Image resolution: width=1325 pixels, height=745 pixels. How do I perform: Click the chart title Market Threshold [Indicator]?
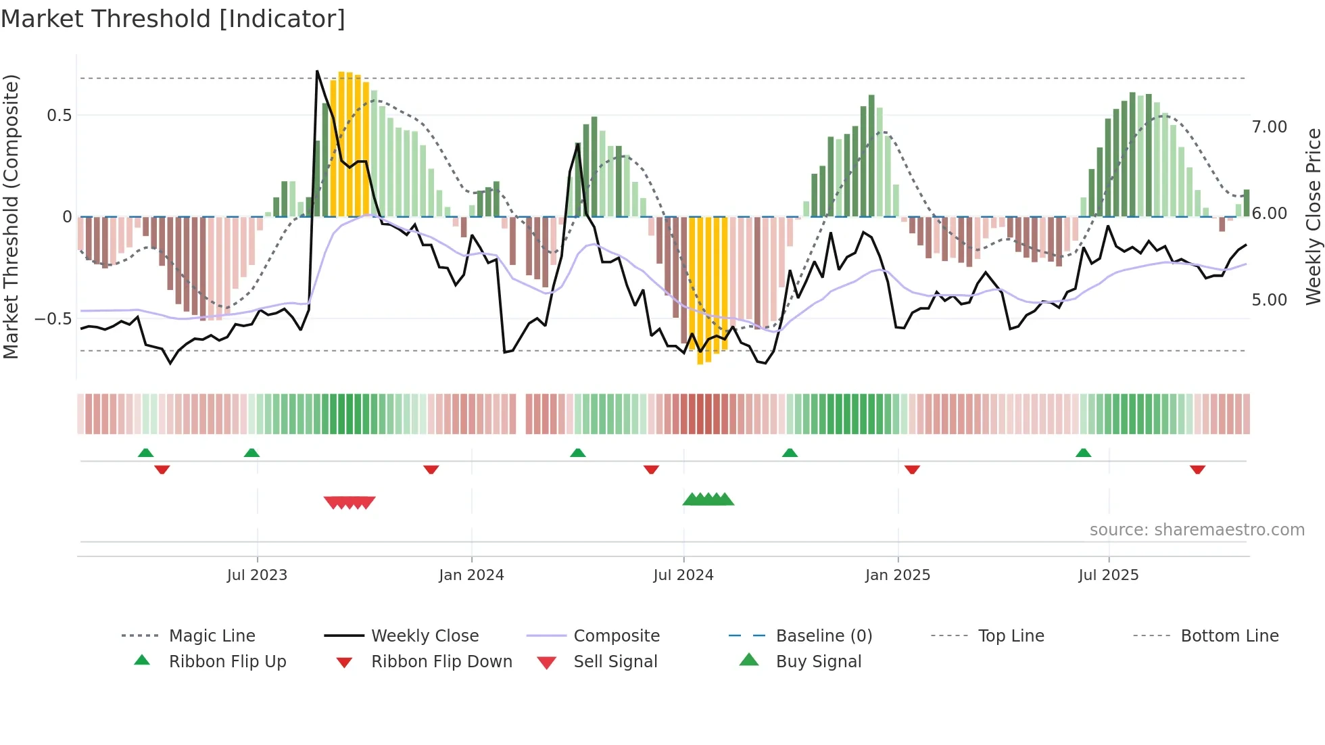pyautogui.click(x=173, y=19)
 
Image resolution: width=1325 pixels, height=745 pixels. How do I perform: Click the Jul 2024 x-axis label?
pyautogui.click(x=683, y=575)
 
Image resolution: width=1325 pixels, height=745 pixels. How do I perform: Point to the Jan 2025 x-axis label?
pyautogui.click(x=897, y=575)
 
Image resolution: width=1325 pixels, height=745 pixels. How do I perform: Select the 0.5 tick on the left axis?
pyautogui.click(x=59, y=116)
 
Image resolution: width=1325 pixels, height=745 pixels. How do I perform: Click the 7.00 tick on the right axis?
pyautogui.click(x=1269, y=127)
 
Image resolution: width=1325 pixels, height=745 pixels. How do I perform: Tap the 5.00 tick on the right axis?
pyautogui.click(x=1269, y=300)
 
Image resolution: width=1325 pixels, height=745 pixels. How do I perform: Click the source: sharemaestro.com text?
pyautogui.click(x=1197, y=530)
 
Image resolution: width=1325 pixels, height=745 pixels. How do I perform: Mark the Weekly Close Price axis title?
pyautogui.click(x=1313, y=216)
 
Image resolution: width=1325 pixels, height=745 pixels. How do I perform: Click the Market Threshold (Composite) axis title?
pyautogui.click(x=11, y=216)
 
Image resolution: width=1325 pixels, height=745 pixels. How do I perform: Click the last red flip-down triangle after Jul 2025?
pyautogui.click(x=1197, y=469)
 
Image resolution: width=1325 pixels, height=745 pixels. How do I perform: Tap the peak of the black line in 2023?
pyautogui.click(x=317, y=71)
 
